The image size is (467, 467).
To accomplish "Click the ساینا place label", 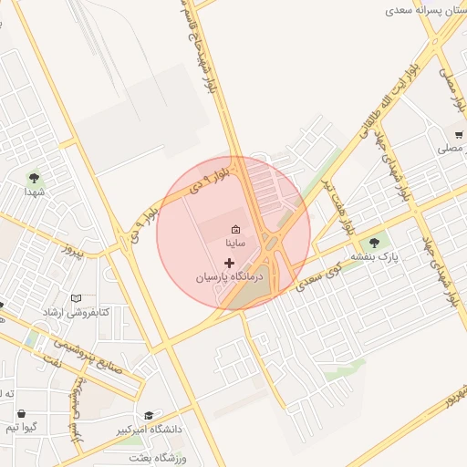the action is click(234, 244).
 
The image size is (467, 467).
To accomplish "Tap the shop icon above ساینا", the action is click(235, 229).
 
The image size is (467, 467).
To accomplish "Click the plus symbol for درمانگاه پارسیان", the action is click(229, 262).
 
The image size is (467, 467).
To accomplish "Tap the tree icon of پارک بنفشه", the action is click(373, 243).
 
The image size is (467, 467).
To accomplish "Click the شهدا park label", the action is click(35, 192).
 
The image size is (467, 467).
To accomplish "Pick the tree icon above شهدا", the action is click(35, 178).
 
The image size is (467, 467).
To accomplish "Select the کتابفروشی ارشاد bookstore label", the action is click(76, 312).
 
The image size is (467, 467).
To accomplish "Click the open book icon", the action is click(76, 298).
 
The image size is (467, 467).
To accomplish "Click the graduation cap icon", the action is click(149, 416).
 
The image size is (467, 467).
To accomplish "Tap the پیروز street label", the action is click(67, 249).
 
